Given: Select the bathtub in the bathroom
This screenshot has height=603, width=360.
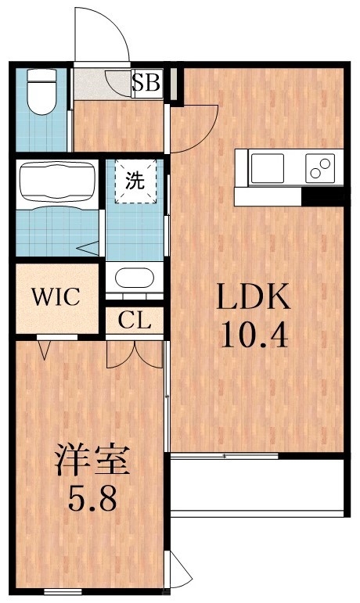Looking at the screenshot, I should (x=56, y=182).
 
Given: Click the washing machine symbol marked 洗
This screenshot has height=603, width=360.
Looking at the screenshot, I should (x=135, y=181).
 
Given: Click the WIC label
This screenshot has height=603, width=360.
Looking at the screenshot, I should (x=55, y=297).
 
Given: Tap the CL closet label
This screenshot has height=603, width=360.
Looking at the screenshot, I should (x=135, y=320).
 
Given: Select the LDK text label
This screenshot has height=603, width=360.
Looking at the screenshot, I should (x=253, y=299).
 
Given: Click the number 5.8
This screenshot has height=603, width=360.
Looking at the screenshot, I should (x=91, y=498).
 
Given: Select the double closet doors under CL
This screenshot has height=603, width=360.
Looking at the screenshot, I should (x=135, y=353).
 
